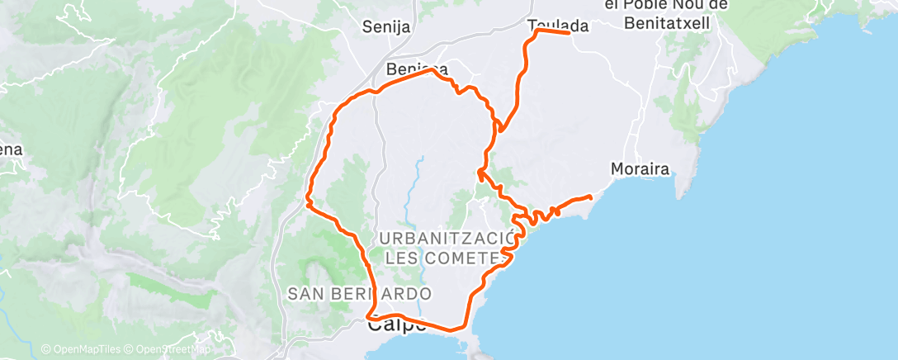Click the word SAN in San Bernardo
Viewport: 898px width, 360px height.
point(307,293)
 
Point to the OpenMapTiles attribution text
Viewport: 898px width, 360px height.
point(80,349)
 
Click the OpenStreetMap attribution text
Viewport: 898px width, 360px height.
point(169,349)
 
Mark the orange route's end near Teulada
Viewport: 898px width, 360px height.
point(570,33)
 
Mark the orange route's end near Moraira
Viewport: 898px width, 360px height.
point(590,197)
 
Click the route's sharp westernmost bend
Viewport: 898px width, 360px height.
point(307,200)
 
